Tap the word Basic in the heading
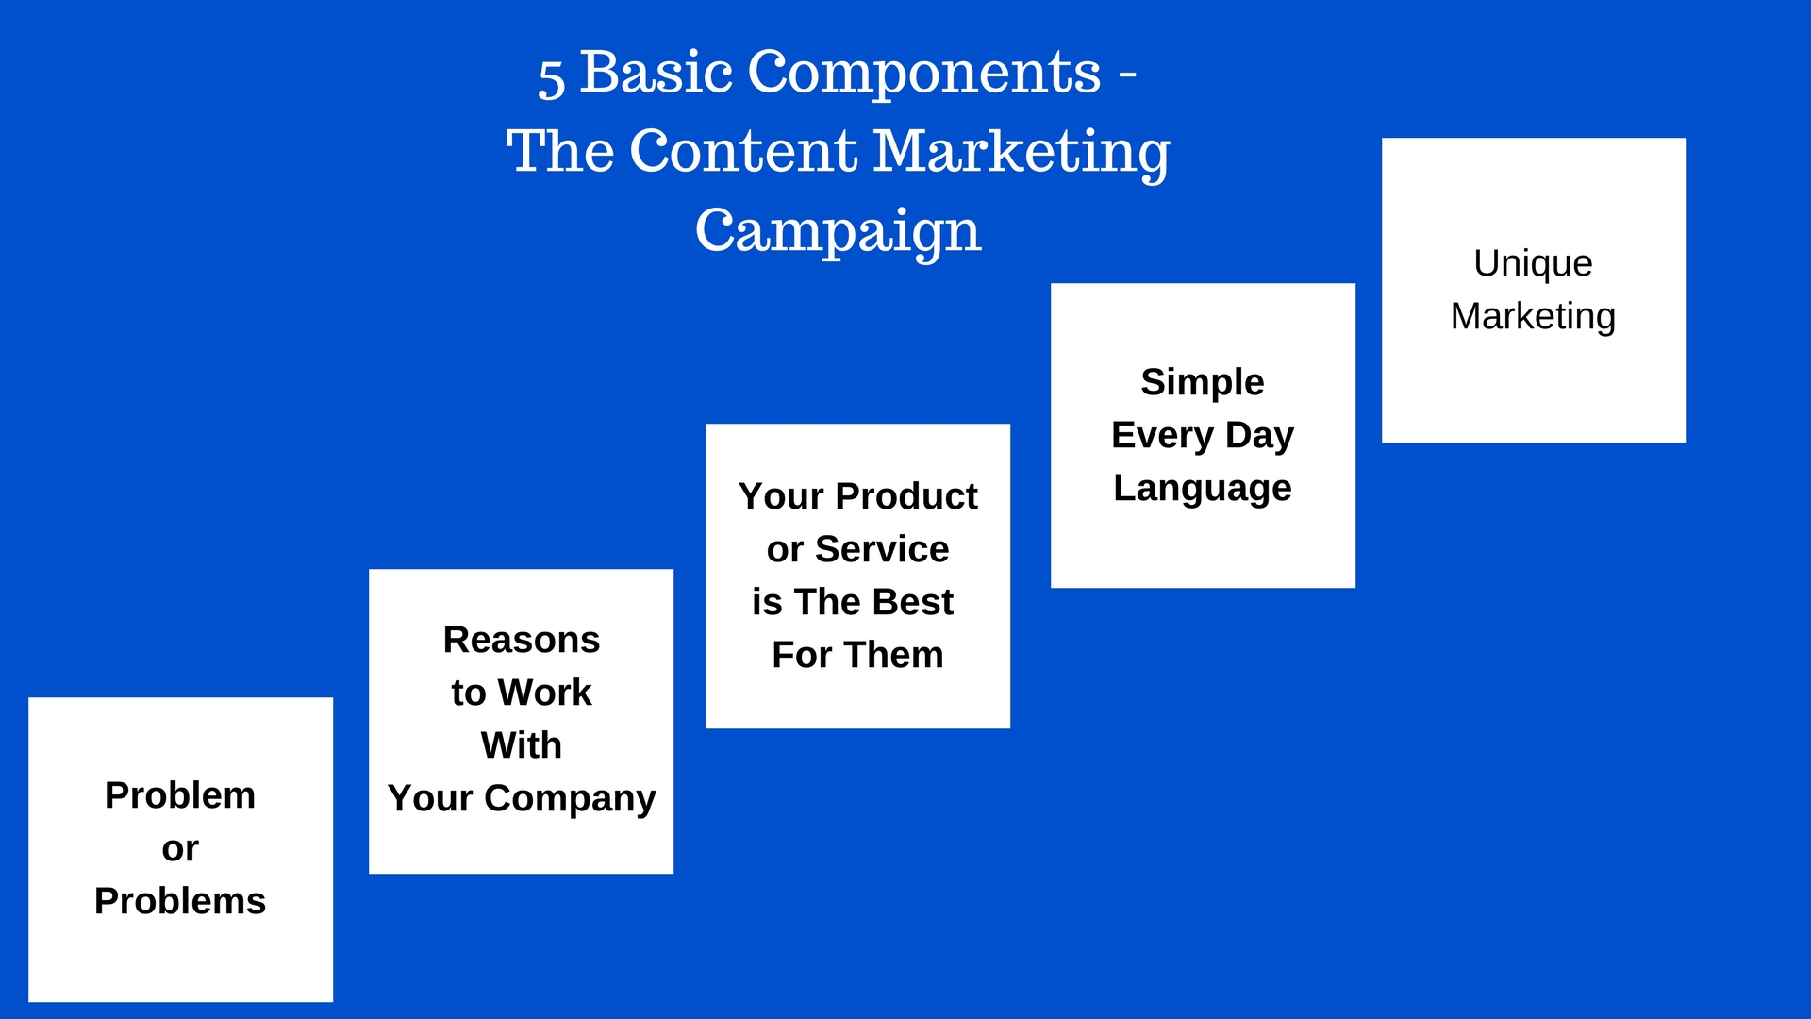pyautogui.click(x=656, y=72)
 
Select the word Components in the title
pyautogui.click(x=924, y=73)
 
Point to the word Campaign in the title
pyautogui.click(x=839, y=232)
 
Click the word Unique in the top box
pyautogui.click(x=1533, y=264)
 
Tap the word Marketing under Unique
pyautogui.click(x=1533, y=317)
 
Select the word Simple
pyautogui.click(x=1203, y=383)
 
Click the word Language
pyautogui.click(x=1203, y=489)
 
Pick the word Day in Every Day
pyautogui.click(x=1259, y=436)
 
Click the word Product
pyautogui.click(x=906, y=496)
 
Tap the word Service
pyautogui.click(x=882, y=549)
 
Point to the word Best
pyautogui.click(x=912, y=602)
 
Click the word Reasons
pyautogui.click(x=522, y=640)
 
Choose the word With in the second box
pyautogui.click(x=522, y=745)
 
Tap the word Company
pyautogui.click(x=570, y=799)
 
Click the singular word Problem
pyautogui.click(x=180, y=795)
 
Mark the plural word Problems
pyautogui.click(x=180, y=901)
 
